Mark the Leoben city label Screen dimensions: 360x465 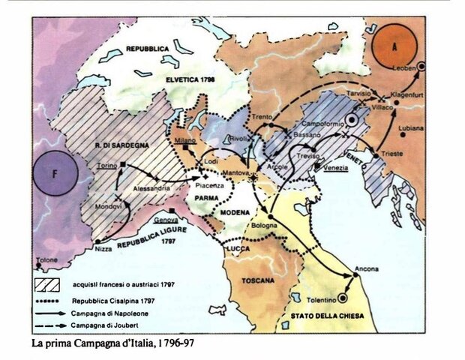click(x=404, y=69)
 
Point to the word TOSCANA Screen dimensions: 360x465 click(x=259, y=280)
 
